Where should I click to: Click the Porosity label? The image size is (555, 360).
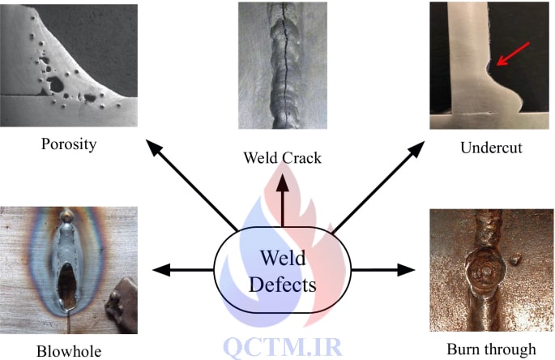point(69,144)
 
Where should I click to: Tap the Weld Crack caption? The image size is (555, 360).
point(282,157)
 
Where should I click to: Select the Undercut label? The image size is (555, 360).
point(491,148)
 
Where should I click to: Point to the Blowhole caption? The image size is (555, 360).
point(69,351)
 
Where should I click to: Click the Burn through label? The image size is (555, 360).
point(491,349)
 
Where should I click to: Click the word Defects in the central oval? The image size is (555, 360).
point(282,285)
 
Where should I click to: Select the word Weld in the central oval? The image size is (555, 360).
point(283,258)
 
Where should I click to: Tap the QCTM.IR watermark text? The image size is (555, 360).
point(283,347)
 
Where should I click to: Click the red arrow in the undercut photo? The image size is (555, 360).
point(513,54)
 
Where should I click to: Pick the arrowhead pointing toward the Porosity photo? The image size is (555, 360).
point(153,147)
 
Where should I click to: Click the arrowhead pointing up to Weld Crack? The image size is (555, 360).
point(283,182)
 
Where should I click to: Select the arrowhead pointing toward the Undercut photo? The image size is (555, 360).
point(417,148)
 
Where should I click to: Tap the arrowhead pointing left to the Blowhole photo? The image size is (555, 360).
point(161,270)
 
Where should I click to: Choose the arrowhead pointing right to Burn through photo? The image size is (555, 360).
point(406,270)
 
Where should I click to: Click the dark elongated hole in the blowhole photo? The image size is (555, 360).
point(67,285)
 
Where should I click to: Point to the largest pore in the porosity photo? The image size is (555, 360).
point(56,84)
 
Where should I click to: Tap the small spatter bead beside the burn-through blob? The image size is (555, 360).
point(515,259)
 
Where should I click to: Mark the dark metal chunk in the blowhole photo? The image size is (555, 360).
point(122,306)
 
